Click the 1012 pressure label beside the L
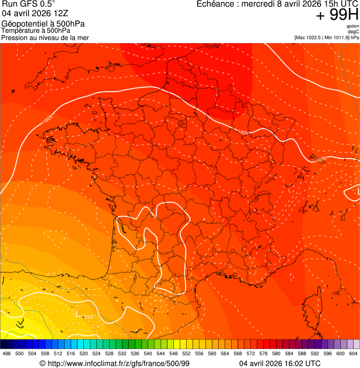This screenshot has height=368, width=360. [87, 317]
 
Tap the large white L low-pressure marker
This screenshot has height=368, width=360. [78, 313]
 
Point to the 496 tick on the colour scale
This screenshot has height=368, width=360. [7, 353]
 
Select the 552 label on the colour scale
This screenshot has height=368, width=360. [186, 353]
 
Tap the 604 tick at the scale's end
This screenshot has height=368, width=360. [353, 353]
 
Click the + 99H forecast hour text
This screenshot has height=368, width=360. [337, 15]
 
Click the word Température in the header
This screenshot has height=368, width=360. [21, 30]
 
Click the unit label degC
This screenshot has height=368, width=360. [354, 31]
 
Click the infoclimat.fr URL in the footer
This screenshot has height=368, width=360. [119, 363]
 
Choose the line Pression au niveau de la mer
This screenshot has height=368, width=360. [45, 37]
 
